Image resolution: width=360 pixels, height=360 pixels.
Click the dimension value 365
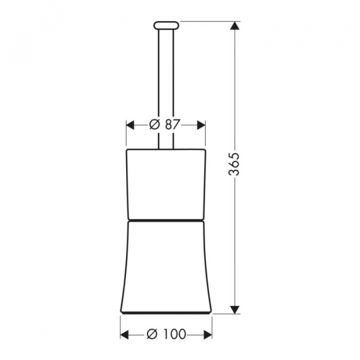(235, 164)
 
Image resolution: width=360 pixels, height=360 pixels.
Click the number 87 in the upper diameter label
(172, 125)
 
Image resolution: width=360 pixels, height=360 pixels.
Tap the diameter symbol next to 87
(155, 125)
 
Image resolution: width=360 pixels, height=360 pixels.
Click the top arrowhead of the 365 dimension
(235, 25)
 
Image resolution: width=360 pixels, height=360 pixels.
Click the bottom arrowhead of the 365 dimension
(235, 310)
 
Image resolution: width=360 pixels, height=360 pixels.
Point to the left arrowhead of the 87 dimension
(130, 125)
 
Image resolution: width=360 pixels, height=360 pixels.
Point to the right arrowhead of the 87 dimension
(202, 125)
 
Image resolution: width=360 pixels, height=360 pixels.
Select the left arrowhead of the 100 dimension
(124, 335)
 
